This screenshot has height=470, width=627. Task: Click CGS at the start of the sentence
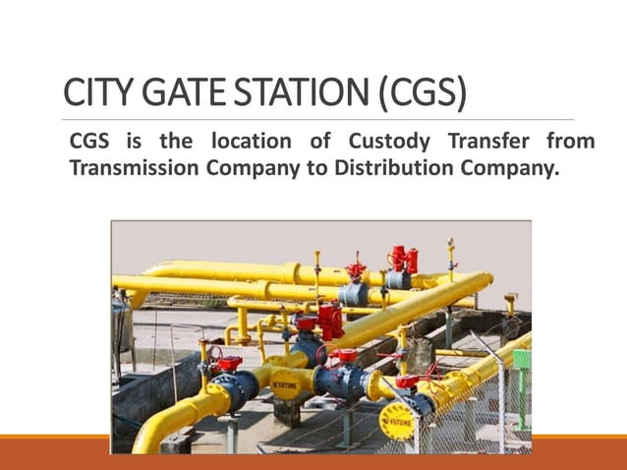[90, 142]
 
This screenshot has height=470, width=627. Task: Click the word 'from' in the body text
[573, 142]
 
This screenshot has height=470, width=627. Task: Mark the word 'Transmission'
[134, 168]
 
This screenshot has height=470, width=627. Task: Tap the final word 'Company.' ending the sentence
[509, 168]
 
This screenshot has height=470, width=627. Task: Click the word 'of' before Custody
[320, 142]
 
